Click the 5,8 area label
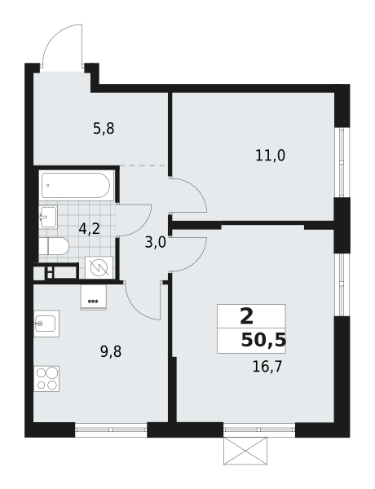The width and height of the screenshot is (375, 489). (104, 129)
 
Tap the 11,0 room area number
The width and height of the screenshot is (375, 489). (270, 156)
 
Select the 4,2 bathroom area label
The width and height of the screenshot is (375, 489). (89, 229)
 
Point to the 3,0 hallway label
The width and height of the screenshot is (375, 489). (156, 242)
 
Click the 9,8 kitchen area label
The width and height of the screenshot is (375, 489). (111, 352)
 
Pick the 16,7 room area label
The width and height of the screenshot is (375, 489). (267, 367)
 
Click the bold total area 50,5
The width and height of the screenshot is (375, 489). (263, 340)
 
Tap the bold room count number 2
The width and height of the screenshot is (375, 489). (247, 316)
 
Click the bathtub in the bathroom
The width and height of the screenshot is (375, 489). (76, 185)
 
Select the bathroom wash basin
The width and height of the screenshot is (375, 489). (48, 217)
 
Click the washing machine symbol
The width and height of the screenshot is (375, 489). (99, 267)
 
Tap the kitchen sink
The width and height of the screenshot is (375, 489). (46, 324)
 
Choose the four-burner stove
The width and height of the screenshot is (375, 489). (46, 379)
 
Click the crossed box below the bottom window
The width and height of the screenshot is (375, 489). (245, 451)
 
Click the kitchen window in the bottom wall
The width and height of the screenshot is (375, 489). (111, 430)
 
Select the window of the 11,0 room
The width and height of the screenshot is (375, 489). (342, 162)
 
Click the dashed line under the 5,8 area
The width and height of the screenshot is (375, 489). (143, 166)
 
